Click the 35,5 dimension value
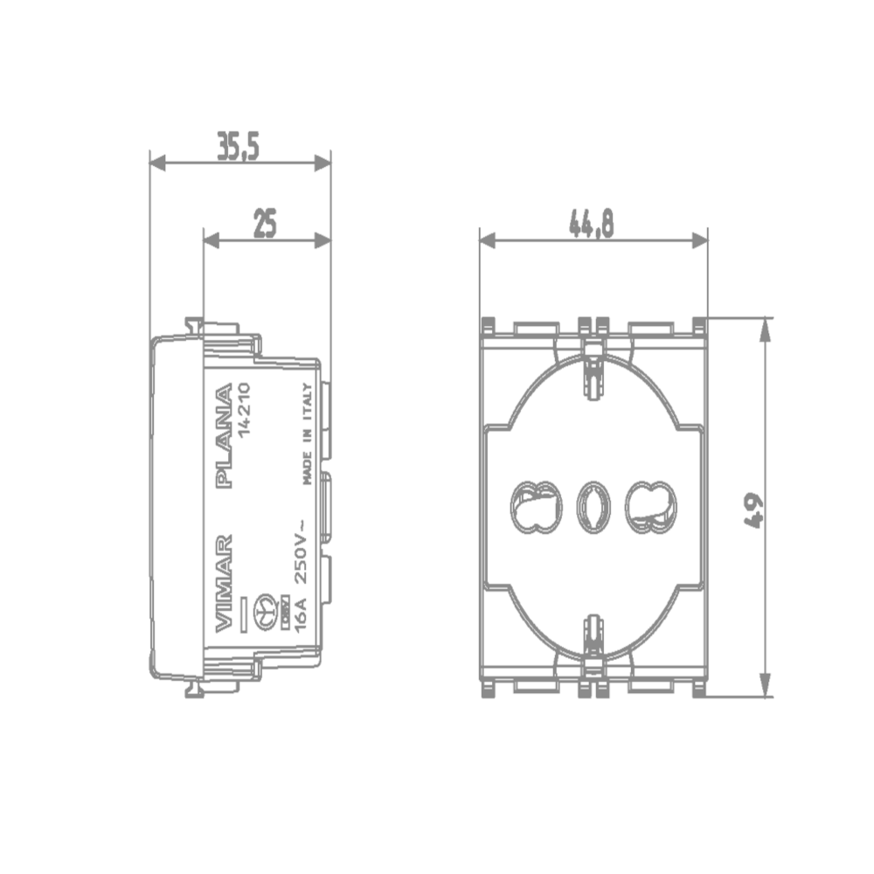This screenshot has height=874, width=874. click(238, 146)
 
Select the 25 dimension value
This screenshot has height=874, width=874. click(265, 224)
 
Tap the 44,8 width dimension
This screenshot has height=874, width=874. click(592, 224)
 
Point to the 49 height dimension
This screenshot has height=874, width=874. click(753, 510)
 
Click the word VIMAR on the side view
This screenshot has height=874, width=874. click(224, 583)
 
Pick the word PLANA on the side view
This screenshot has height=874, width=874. click(224, 435)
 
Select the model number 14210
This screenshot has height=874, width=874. click(244, 410)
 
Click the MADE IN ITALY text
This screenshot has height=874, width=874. click(308, 434)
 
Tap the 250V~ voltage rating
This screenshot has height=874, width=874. click(301, 551)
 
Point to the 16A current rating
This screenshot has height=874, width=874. click(301, 614)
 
